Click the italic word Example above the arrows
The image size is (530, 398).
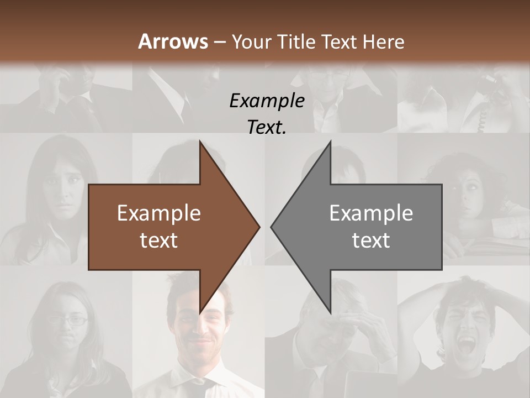pos(267,101)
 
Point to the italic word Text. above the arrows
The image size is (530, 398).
pos(267,128)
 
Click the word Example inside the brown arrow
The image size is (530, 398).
pos(159,213)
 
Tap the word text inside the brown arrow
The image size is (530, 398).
pos(159,240)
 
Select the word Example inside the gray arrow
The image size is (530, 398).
pos(371,213)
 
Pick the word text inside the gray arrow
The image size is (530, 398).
pos(371,240)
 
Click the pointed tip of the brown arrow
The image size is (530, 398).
pos(259,227)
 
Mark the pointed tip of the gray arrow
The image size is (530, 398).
pos(272,227)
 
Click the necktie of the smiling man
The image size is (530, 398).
pos(203,386)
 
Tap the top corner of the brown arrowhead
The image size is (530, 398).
pos(200,142)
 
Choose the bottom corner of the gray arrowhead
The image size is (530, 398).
pos(330,313)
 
